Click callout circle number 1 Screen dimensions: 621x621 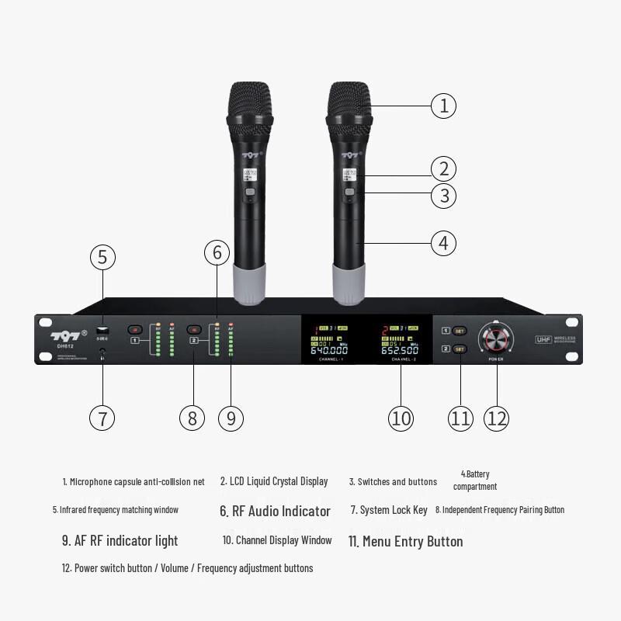point(444,105)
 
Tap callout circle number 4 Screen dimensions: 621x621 point(444,243)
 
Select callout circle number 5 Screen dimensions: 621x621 point(102,257)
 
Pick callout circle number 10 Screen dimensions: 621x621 point(401,418)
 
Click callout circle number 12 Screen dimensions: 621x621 point(497,418)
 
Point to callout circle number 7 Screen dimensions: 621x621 point(102,418)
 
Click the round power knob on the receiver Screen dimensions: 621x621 point(497,339)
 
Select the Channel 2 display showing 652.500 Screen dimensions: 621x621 point(400,340)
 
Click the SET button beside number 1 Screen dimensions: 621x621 point(460,331)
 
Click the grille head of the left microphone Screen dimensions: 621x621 point(250,101)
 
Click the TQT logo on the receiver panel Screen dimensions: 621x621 point(66,335)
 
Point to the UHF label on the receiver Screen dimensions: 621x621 point(543,339)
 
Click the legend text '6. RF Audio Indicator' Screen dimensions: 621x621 point(275,511)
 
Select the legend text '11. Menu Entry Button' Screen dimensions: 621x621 point(404,541)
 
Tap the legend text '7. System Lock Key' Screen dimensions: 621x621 point(389,510)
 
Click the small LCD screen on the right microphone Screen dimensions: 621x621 point(349,175)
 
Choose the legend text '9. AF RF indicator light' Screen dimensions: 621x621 point(120,541)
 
